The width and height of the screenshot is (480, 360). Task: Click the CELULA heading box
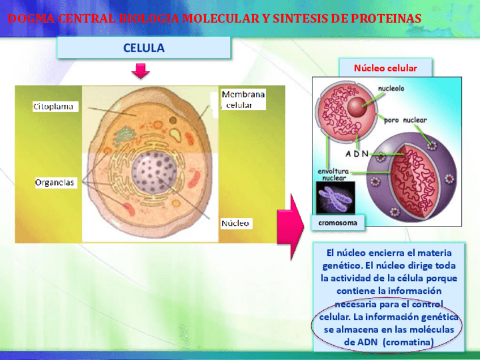click(x=144, y=48)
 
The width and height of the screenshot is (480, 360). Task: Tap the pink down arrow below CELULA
click(x=140, y=71)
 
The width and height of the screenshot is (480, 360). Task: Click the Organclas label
click(x=55, y=182)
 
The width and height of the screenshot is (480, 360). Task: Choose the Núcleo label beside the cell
click(x=235, y=223)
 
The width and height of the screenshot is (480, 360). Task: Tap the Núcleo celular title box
click(x=385, y=68)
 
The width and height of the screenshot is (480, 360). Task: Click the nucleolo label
click(x=391, y=89)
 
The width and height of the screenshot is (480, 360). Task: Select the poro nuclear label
click(x=406, y=120)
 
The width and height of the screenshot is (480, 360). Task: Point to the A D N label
click(x=357, y=153)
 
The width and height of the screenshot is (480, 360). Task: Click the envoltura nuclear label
click(x=333, y=173)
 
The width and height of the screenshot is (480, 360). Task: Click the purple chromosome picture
click(x=336, y=198)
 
